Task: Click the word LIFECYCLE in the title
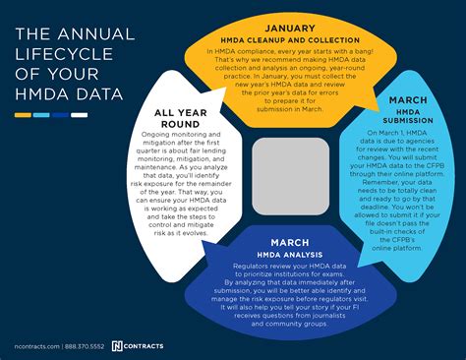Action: pos(58,56)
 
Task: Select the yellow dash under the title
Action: pos(23,116)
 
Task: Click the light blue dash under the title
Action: pos(41,116)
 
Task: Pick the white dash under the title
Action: pos(79,116)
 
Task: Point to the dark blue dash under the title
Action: pos(60,116)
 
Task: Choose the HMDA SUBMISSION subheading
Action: pos(407,116)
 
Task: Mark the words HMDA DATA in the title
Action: pos(69,94)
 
